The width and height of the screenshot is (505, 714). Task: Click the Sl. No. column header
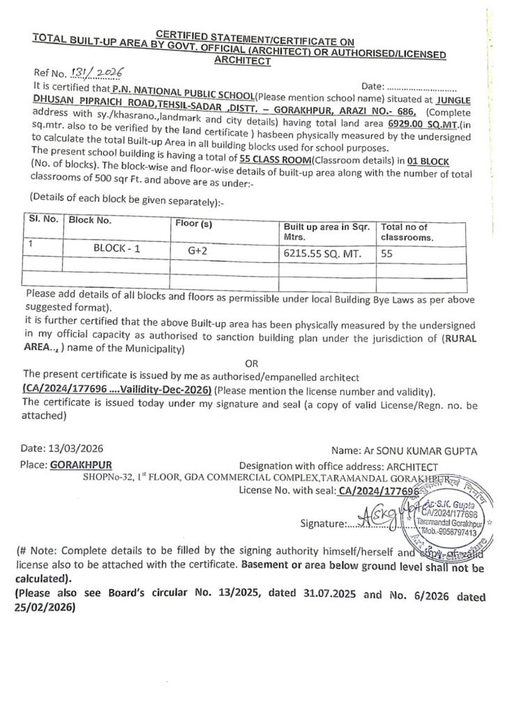pos(43,219)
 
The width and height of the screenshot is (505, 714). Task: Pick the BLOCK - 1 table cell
pos(117,248)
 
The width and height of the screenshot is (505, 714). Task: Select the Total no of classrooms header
pos(407,232)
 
